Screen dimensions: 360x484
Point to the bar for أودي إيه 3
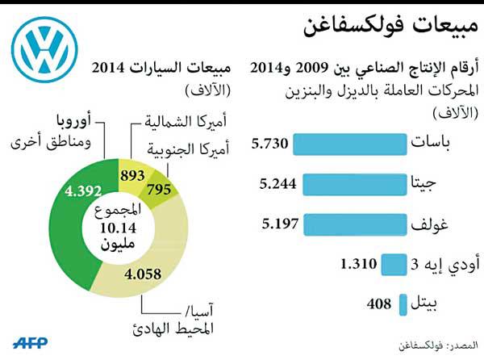(391, 263)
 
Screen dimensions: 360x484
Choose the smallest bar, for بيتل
(402, 303)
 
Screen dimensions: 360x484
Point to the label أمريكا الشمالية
(181, 123)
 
